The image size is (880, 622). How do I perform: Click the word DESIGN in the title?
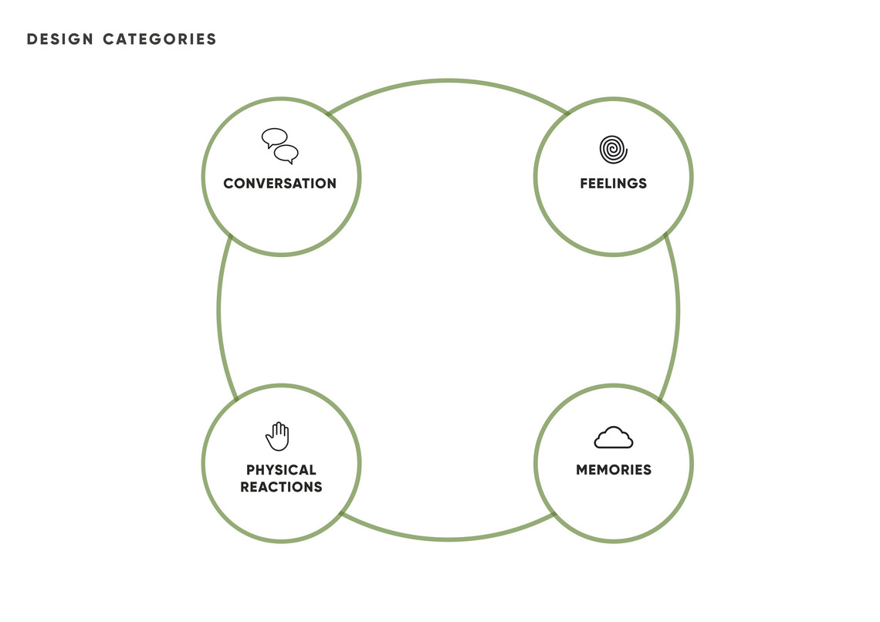60,39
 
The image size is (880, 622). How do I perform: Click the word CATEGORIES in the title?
159,39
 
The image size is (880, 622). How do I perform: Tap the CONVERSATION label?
280,184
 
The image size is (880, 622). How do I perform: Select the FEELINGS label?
614,184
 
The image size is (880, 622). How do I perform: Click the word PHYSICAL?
281,470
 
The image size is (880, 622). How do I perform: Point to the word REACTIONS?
281,487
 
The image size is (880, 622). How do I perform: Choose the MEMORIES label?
614,470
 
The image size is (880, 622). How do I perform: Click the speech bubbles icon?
280,147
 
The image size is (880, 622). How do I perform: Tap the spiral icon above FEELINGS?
614,149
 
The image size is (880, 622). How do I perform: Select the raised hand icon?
278,436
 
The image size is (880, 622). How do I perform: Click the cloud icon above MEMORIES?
614,438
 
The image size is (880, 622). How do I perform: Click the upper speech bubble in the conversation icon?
275,137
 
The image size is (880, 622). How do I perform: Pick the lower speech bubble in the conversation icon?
286,154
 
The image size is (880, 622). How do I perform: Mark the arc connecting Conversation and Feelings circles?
448,81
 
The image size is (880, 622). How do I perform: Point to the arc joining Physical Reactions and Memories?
448,539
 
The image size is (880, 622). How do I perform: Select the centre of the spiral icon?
613,150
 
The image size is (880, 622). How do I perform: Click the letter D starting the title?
32,39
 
